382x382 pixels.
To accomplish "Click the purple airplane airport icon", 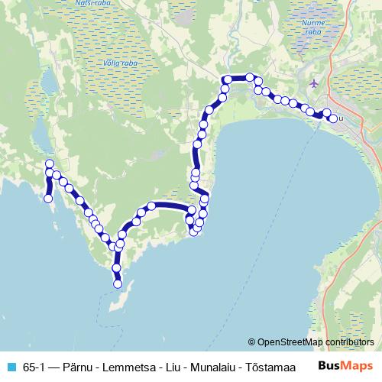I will click(316, 82).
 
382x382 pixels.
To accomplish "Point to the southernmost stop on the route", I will click(118, 284).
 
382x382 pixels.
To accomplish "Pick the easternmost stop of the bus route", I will click(333, 118).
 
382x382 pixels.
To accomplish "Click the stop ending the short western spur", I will click(49, 199).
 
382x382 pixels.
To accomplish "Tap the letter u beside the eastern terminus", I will click(341, 118).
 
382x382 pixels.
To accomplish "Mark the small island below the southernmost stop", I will click(121, 299).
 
